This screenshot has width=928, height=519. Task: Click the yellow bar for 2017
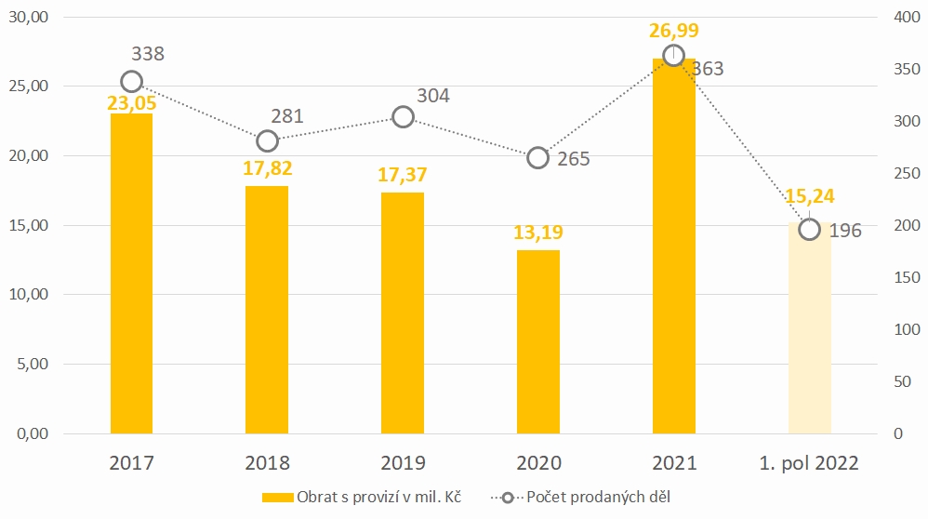pyautogui.click(x=131, y=273)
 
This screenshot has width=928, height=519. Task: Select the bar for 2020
pyautogui.click(x=537, y=341)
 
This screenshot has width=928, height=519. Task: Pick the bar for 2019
pyautogui.click(x=403, y=313)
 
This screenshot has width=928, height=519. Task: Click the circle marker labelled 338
pyautogui.click(x=132, y=81)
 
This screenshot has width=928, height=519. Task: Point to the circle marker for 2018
pyautogui.click(x=268, y=140)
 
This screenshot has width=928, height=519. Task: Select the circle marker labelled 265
pyautogui.click(x=537, y=157)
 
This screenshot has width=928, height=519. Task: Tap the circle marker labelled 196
pyautogui.click(x=810, y=229)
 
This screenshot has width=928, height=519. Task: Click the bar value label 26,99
pyautogui.click(x=674, y=32)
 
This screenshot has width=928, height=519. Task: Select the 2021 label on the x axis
pyautogui.click(x=674, y=463)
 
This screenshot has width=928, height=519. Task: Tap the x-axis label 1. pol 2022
pyautogui.click(x=809, y=463)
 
